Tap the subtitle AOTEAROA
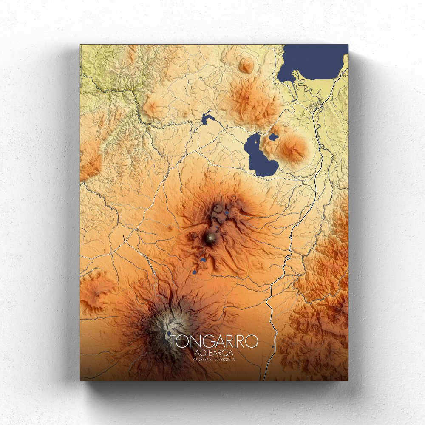(214, 353)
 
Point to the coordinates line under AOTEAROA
(214, 360)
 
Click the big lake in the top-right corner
(314, 62)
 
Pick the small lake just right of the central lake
(273, 137)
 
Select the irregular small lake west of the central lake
(207, 117)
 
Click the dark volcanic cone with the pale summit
(210, 238)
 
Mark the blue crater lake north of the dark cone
(227, 212)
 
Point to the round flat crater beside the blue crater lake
(218, 208)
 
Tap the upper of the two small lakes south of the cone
(203, 260)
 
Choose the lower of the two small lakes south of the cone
(195, 272)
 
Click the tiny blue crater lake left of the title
(169, 334)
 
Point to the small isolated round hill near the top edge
(246, 65)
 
